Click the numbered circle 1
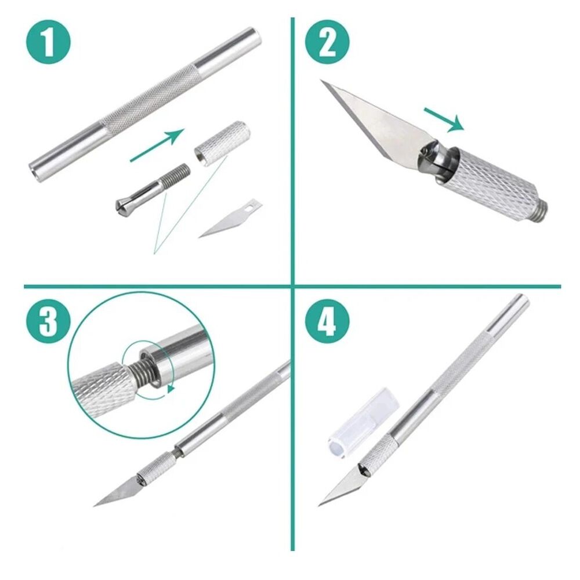48,42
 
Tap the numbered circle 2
327,42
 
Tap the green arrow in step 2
444,119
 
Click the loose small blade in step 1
231,218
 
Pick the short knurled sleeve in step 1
221,143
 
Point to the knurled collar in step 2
492,181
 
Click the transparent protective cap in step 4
363,423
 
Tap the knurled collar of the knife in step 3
156,469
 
